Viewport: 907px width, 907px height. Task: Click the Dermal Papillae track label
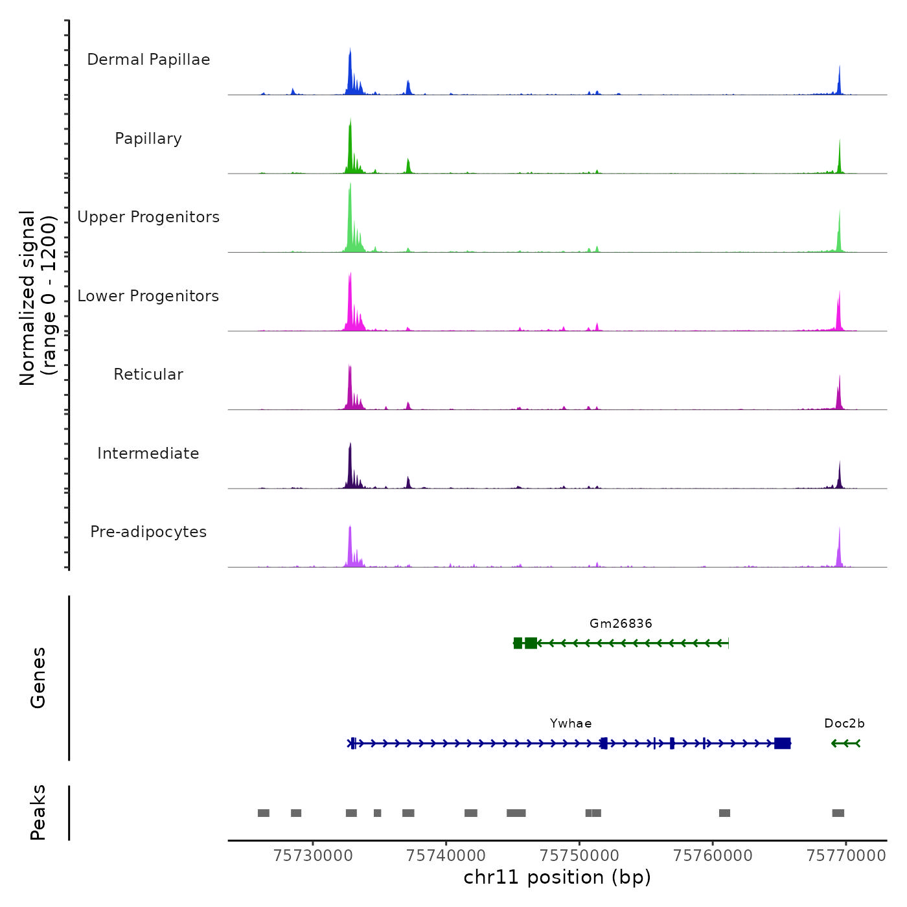click(x=148, y=60)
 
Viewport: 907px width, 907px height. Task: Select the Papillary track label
click(x=148, y=139)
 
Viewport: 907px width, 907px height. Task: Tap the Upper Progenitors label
click(x=148, y=217)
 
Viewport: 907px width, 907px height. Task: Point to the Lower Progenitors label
click(x=148, y=296)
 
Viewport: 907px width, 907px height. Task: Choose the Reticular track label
click(x=148, y=374)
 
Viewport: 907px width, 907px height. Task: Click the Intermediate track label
click(x=148, y=454)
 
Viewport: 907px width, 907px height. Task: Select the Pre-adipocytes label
click(x=148, y=532)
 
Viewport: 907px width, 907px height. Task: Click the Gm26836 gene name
click(x=621, y=624)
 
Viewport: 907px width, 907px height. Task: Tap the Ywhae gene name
click(x=571, y=724)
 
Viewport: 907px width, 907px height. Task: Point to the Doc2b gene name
click(x=844, y=724)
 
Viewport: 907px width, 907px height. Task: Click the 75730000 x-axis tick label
click(x=313, y=856)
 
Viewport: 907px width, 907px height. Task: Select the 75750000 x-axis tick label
click(x=580, y=856)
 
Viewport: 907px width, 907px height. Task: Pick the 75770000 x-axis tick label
click(x=846, y=856)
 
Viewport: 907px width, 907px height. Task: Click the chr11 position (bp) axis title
click(x=557, y=878)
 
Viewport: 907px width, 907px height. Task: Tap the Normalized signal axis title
click(x=38, y=298)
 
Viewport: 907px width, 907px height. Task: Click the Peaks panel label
click(x=38, y=812)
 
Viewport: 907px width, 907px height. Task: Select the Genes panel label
click(x=38, y=678)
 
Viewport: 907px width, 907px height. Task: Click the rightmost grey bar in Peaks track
click(x=838, y=813)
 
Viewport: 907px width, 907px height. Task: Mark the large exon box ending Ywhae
click(x=783, y=743)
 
